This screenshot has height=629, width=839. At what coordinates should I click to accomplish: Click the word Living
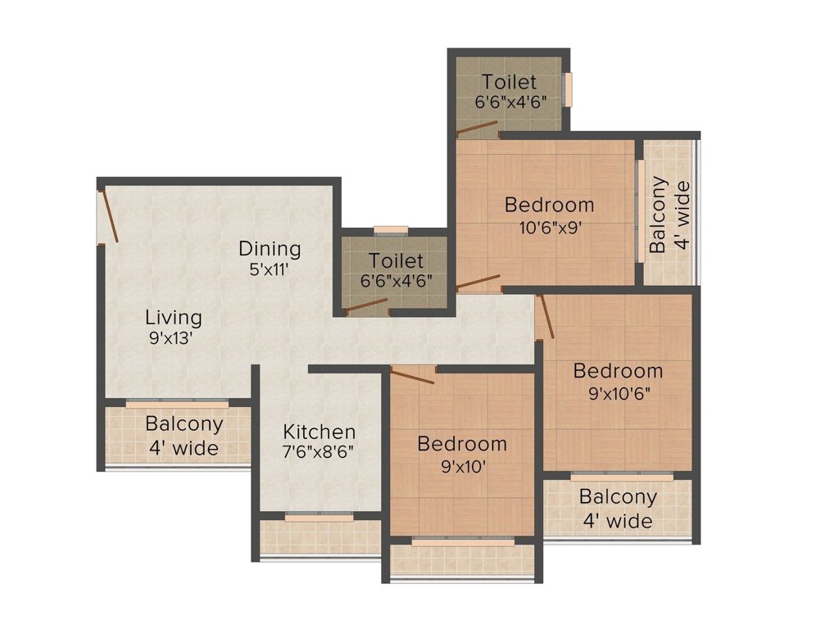point(174,317)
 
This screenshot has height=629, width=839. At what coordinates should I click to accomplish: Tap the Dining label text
point(270,248)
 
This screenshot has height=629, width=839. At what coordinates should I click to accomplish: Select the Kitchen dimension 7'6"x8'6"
point(320,450)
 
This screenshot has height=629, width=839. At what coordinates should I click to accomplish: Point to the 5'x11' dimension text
point(270,267)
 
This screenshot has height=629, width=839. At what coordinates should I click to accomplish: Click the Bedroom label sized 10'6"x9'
point(549,205)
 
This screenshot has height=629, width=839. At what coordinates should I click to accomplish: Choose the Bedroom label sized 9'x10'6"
point(618,371)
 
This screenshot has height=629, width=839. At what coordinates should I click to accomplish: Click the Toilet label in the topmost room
point(509,82)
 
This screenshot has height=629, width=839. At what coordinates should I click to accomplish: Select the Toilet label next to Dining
point(396,261)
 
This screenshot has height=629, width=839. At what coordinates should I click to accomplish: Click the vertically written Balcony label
point(658,215)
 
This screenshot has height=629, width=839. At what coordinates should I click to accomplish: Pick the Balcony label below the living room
point(184,424)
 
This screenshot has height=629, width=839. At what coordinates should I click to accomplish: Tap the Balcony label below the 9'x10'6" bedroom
point(618,497)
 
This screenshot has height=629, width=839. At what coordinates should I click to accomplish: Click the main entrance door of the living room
point(110,217)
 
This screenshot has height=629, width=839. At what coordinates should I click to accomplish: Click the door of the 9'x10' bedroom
point(413,376)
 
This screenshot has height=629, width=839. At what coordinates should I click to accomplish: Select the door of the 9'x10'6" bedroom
point(546,317)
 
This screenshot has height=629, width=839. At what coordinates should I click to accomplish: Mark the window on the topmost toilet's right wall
point(566,89)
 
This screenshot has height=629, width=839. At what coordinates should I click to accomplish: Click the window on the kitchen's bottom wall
point(320,517)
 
